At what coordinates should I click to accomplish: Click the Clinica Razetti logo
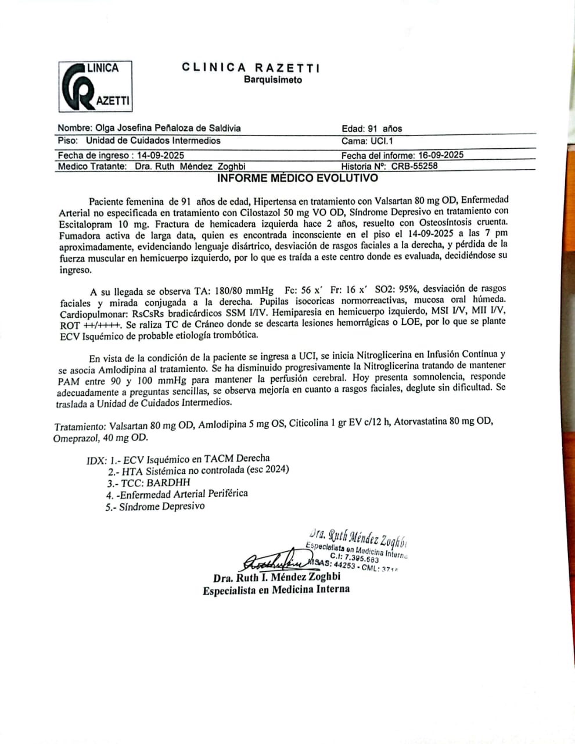pos(95,86)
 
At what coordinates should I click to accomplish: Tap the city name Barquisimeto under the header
pos(272,80)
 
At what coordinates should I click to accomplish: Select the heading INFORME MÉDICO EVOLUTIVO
pos(297,178)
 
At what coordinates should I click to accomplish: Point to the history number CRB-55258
pos(414,166)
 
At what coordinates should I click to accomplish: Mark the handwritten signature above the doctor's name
pos(273,561)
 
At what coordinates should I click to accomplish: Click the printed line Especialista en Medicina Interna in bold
pos(276,589)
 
